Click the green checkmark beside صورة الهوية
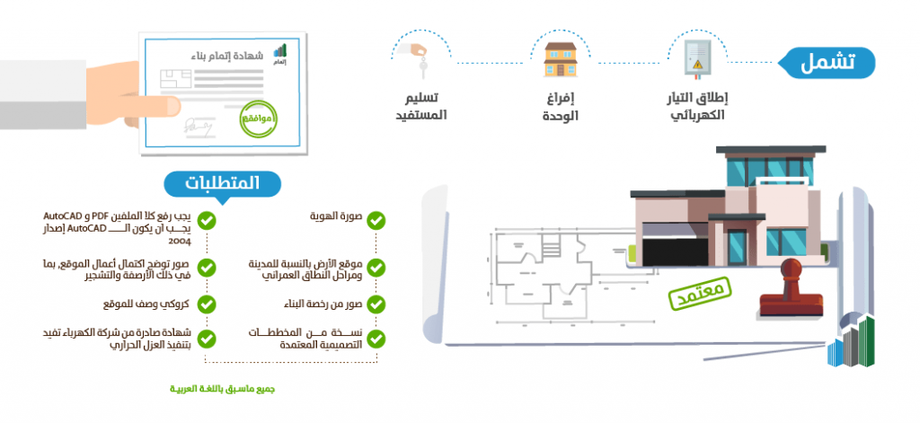(376, 219)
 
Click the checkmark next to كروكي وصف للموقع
(206, 304)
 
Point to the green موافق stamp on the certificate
(261, 119)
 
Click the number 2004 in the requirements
(179, 242)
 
